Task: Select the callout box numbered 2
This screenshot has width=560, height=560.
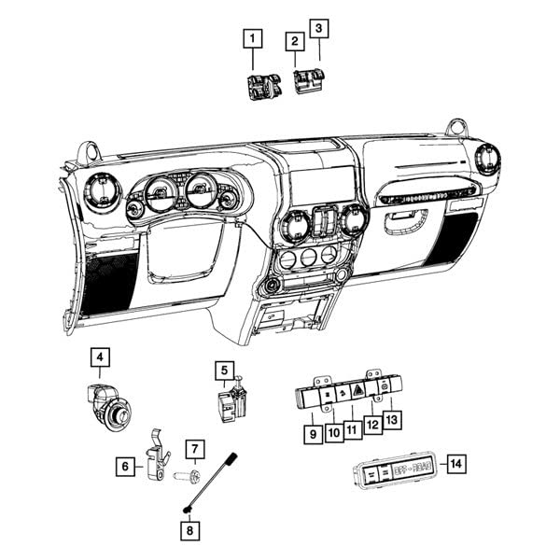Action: pos(295,41)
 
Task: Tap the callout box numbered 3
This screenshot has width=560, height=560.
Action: pos(320,30)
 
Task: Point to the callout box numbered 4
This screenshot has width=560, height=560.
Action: pos(100,357)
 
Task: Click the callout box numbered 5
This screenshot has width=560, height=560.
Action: pos(224,371)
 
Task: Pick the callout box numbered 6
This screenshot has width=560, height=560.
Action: pos(123,463)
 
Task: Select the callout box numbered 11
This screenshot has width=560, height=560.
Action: pos(352,430)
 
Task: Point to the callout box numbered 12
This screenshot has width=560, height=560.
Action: pos(373,425)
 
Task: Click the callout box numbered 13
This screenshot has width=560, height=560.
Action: pos(392,420)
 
